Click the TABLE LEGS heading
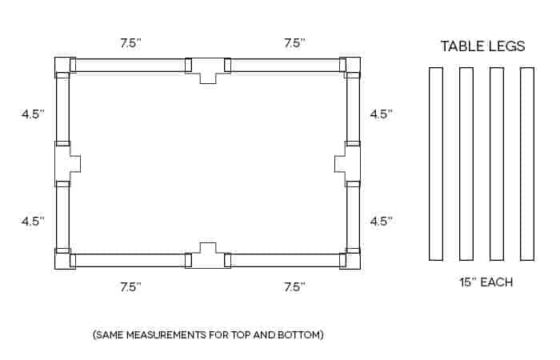482,46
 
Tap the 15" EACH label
486,282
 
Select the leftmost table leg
436,164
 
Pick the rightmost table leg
527,164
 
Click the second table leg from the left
466,164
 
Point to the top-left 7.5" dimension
130,43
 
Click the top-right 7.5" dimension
295,43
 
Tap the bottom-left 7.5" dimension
130,286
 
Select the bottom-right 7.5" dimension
295,286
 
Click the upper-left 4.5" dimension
33,114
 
